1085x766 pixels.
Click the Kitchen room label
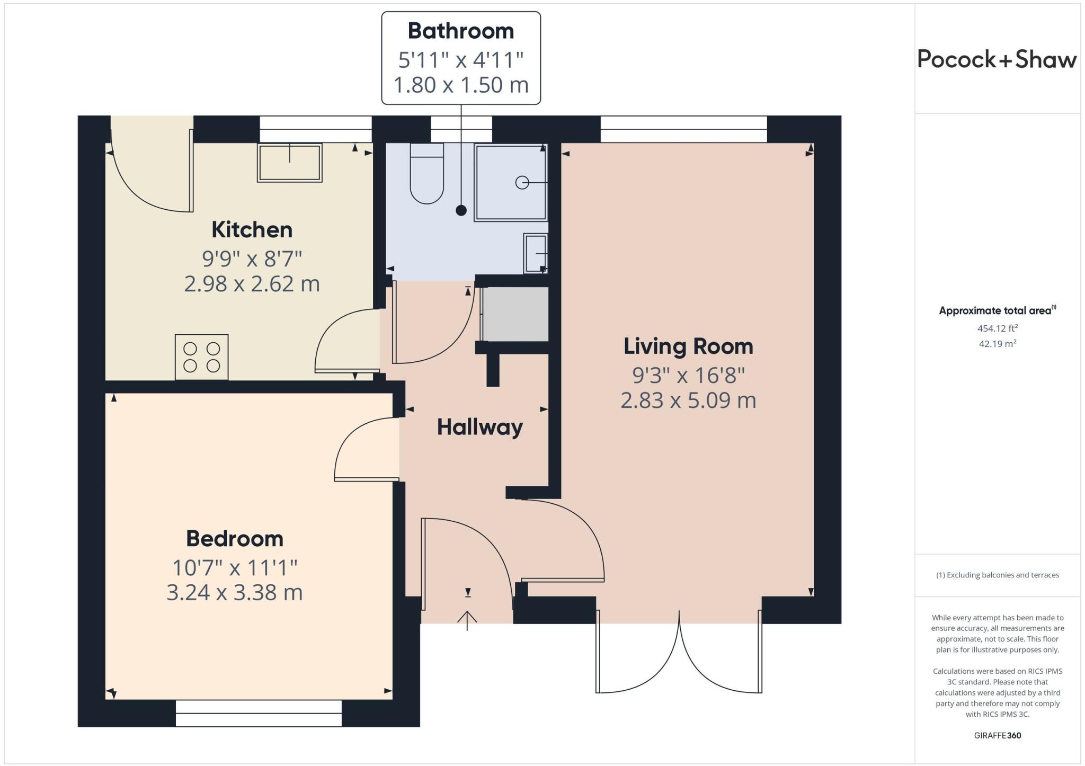[252, 230]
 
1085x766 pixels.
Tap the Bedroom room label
[235, 539]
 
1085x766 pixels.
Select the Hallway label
[479, 427]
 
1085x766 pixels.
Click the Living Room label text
[688, 346]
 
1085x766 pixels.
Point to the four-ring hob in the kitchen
[201, 357]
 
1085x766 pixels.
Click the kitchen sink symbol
[290, 163]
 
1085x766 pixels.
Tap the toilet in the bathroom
[426, 175]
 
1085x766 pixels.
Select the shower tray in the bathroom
[511, 183]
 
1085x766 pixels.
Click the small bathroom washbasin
[536, 253]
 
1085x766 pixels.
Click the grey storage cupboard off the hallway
[515, 314]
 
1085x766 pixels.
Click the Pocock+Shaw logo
[997, 59]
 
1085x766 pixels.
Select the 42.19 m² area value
[997, 344]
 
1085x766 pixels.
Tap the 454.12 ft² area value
[997, 328]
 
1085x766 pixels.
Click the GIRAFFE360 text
[997, 735]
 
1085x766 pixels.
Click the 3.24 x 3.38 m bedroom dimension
[235, 592]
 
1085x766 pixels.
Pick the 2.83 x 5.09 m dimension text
[688, 400]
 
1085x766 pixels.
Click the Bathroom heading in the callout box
[461, 31]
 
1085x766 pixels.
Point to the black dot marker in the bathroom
[461, 210]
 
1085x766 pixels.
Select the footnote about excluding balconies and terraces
[997, 575]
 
